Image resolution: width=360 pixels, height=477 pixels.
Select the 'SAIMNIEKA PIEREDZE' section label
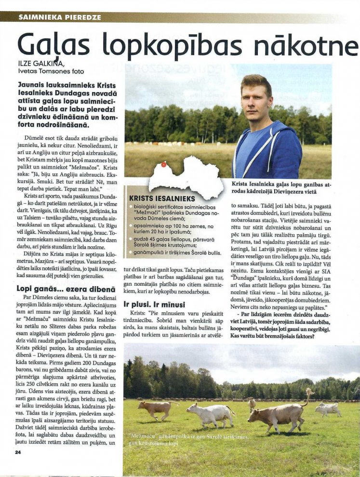60,17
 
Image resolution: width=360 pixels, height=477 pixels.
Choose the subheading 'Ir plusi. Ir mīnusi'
156,304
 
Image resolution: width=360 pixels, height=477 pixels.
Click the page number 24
18,452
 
